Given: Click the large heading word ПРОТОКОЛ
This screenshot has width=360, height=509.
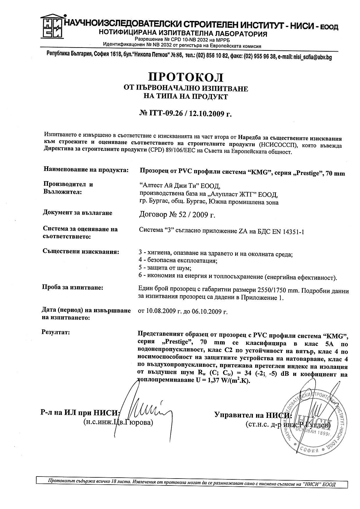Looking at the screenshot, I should [x=186, y=77].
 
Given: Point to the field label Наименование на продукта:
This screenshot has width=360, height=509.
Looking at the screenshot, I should [x=86, y=170].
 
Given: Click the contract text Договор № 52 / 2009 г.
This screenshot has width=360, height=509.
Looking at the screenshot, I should [x=177, y=215].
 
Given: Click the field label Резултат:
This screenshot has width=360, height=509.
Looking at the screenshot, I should [x=56, y=332].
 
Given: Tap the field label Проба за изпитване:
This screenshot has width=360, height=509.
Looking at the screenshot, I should [x=73, y=288].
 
